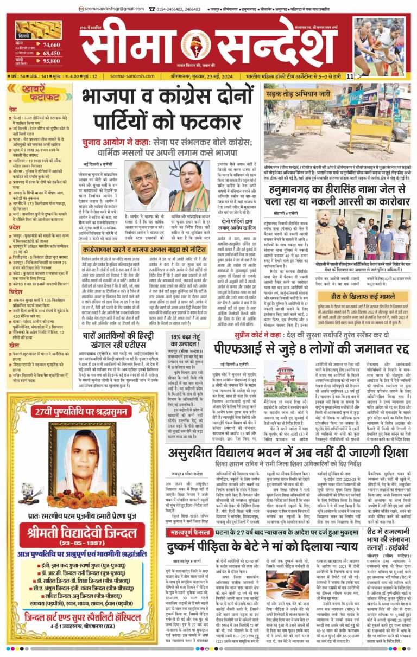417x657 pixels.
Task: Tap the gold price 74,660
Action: pos(52,44)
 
